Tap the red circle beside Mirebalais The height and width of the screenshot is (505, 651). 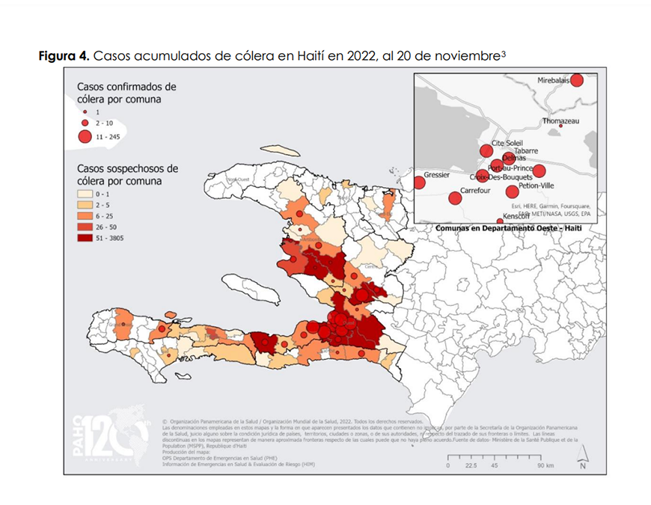[x=576, y=80]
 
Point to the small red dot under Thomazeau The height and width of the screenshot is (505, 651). [x=560, y=126]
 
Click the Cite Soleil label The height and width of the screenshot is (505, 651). [x=507, y=143]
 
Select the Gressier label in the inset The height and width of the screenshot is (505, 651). [x=436, y=175]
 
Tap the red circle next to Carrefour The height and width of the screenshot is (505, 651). [x=455, y=198]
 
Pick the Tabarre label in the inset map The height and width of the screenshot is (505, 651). [x=526, y=150]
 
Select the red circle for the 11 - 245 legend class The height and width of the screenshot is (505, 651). [x=85, y=136]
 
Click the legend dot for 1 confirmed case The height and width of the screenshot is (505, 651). [x=85, y=111]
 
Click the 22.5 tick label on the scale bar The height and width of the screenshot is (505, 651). [x=470, y=465]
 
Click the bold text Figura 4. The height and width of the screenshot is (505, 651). [x=64, y=57]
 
